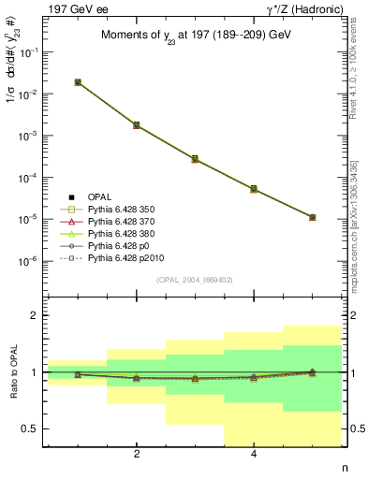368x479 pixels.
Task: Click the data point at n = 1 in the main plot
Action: tap(78, 82)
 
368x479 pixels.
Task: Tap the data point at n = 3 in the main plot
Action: tap(195, 159)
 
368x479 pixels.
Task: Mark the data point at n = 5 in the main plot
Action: tap(312, 217)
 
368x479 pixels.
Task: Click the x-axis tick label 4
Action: tap(254, 455)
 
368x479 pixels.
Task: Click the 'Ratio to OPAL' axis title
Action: tap(11, 374)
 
